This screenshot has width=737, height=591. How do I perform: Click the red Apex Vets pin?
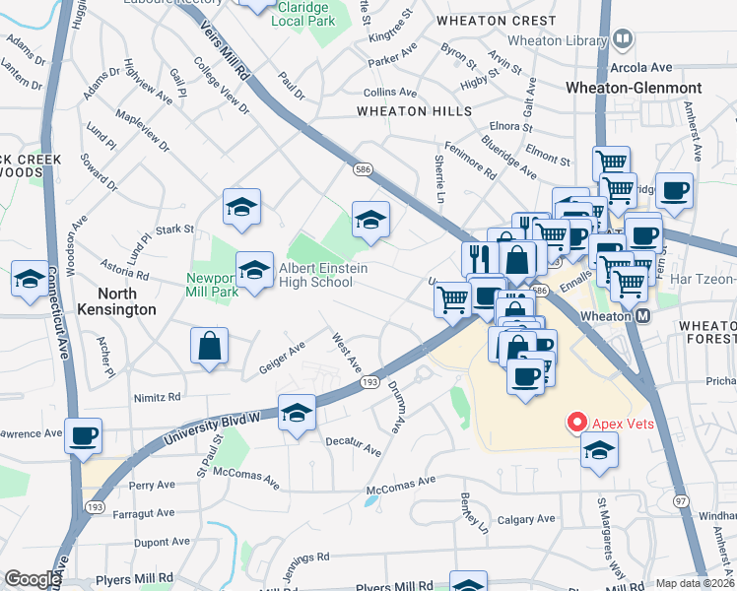[x=577, y=423]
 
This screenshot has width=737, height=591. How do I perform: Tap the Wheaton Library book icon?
[x=623, y=39]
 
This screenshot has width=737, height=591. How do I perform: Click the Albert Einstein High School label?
[x=316, y=275]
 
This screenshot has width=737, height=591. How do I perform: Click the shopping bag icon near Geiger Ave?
[x=210, y=346]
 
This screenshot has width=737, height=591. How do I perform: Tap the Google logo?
[x=33, y=579]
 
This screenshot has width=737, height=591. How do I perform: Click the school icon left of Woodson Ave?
[x=30, y=279]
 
